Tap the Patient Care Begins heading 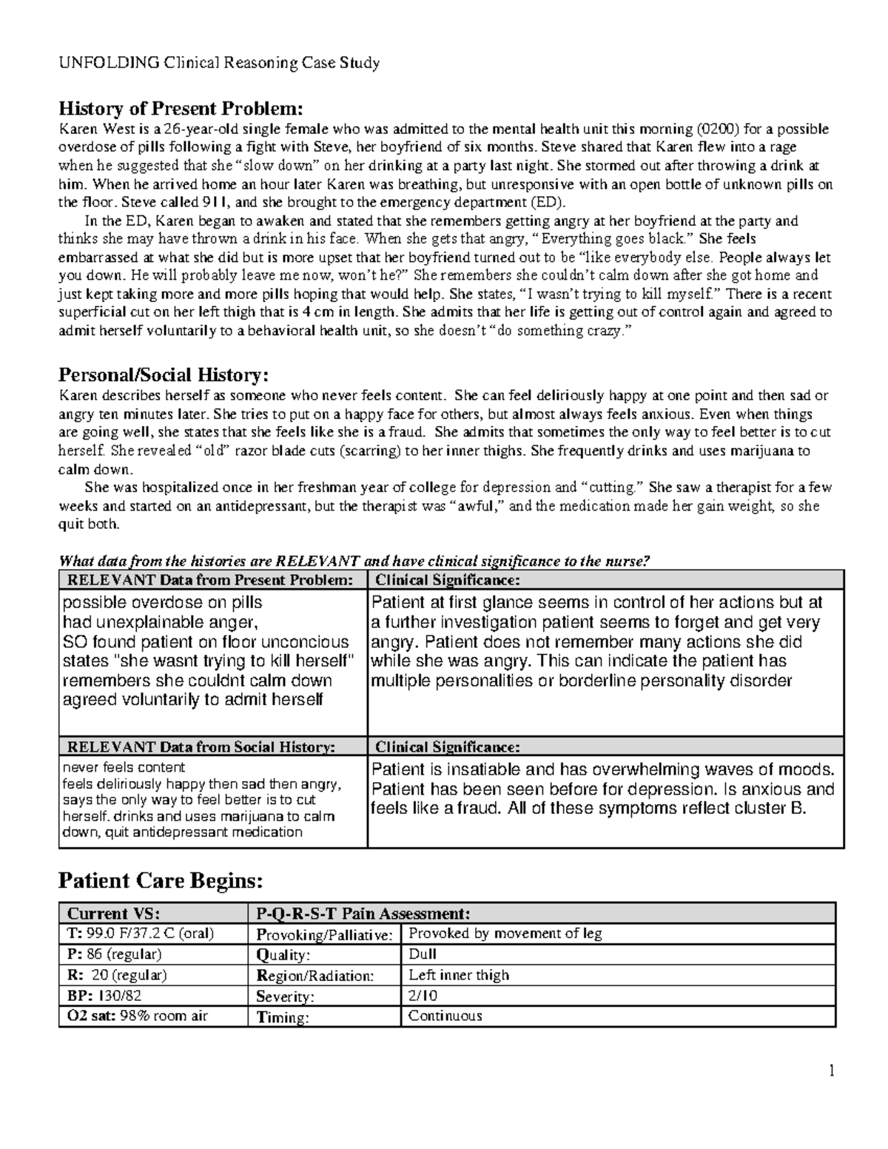[160, 880]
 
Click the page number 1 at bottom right [832, 1071]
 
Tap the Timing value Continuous [445, 1016]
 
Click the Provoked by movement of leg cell [505, 934]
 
